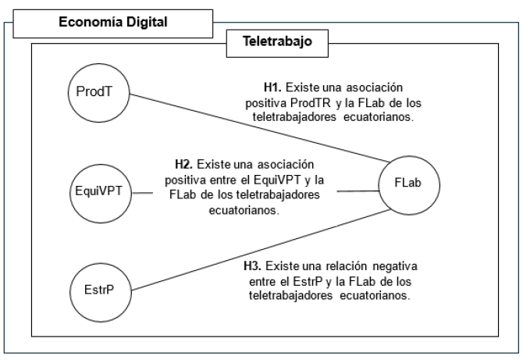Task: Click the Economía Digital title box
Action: (x=114, y=23)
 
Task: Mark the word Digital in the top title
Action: (x=147, y=23)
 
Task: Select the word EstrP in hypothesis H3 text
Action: (x=299, y=283)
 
